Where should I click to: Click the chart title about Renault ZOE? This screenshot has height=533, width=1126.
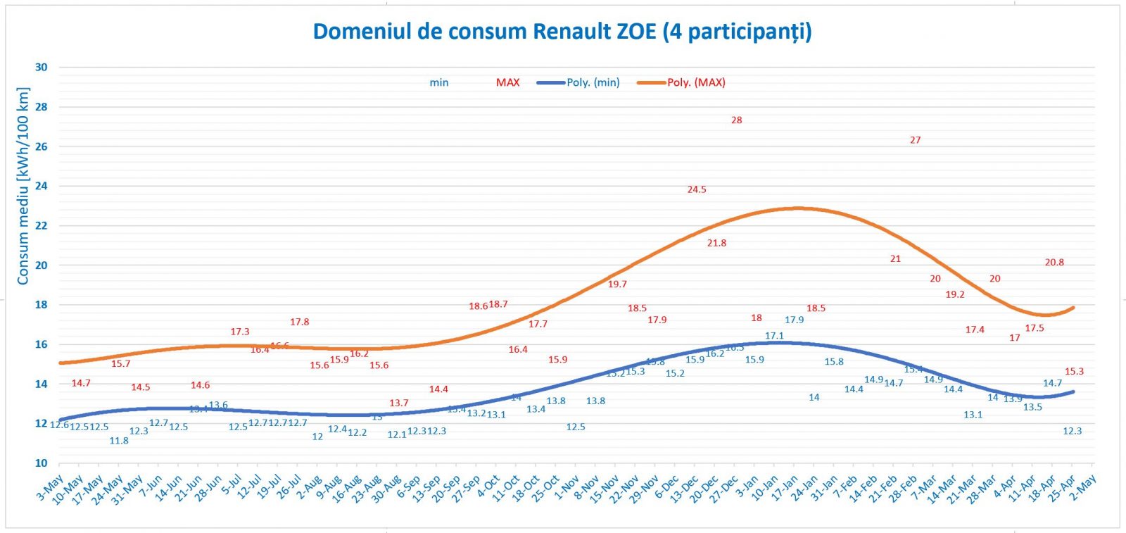(x=562, y=32)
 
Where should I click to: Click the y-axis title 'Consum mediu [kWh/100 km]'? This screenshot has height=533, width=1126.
(x=23, y=187)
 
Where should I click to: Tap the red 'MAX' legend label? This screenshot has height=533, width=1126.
(x=507, y=82)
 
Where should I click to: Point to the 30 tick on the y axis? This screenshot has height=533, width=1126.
(x=42, y=68)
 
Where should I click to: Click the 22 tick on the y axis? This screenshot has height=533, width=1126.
(x=42, y=226)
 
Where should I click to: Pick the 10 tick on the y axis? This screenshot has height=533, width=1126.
(x=42, y=463)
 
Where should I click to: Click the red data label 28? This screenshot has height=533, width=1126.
(x=736, y=120)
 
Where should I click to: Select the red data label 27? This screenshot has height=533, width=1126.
(x=915, y=140)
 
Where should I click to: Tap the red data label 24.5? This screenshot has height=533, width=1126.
(x=697, y=189)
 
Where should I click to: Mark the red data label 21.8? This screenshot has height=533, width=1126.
(x=716, y=243)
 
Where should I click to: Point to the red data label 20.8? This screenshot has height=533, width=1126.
(x=1054, y=263)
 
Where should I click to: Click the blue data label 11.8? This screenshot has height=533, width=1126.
(x=119, y=441)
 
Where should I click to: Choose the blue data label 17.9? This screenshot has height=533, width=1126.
(x=794, y=320)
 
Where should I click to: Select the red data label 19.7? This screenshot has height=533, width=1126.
(x=617, y=284)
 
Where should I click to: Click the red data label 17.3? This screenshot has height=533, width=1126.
(x=239, y=332)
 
